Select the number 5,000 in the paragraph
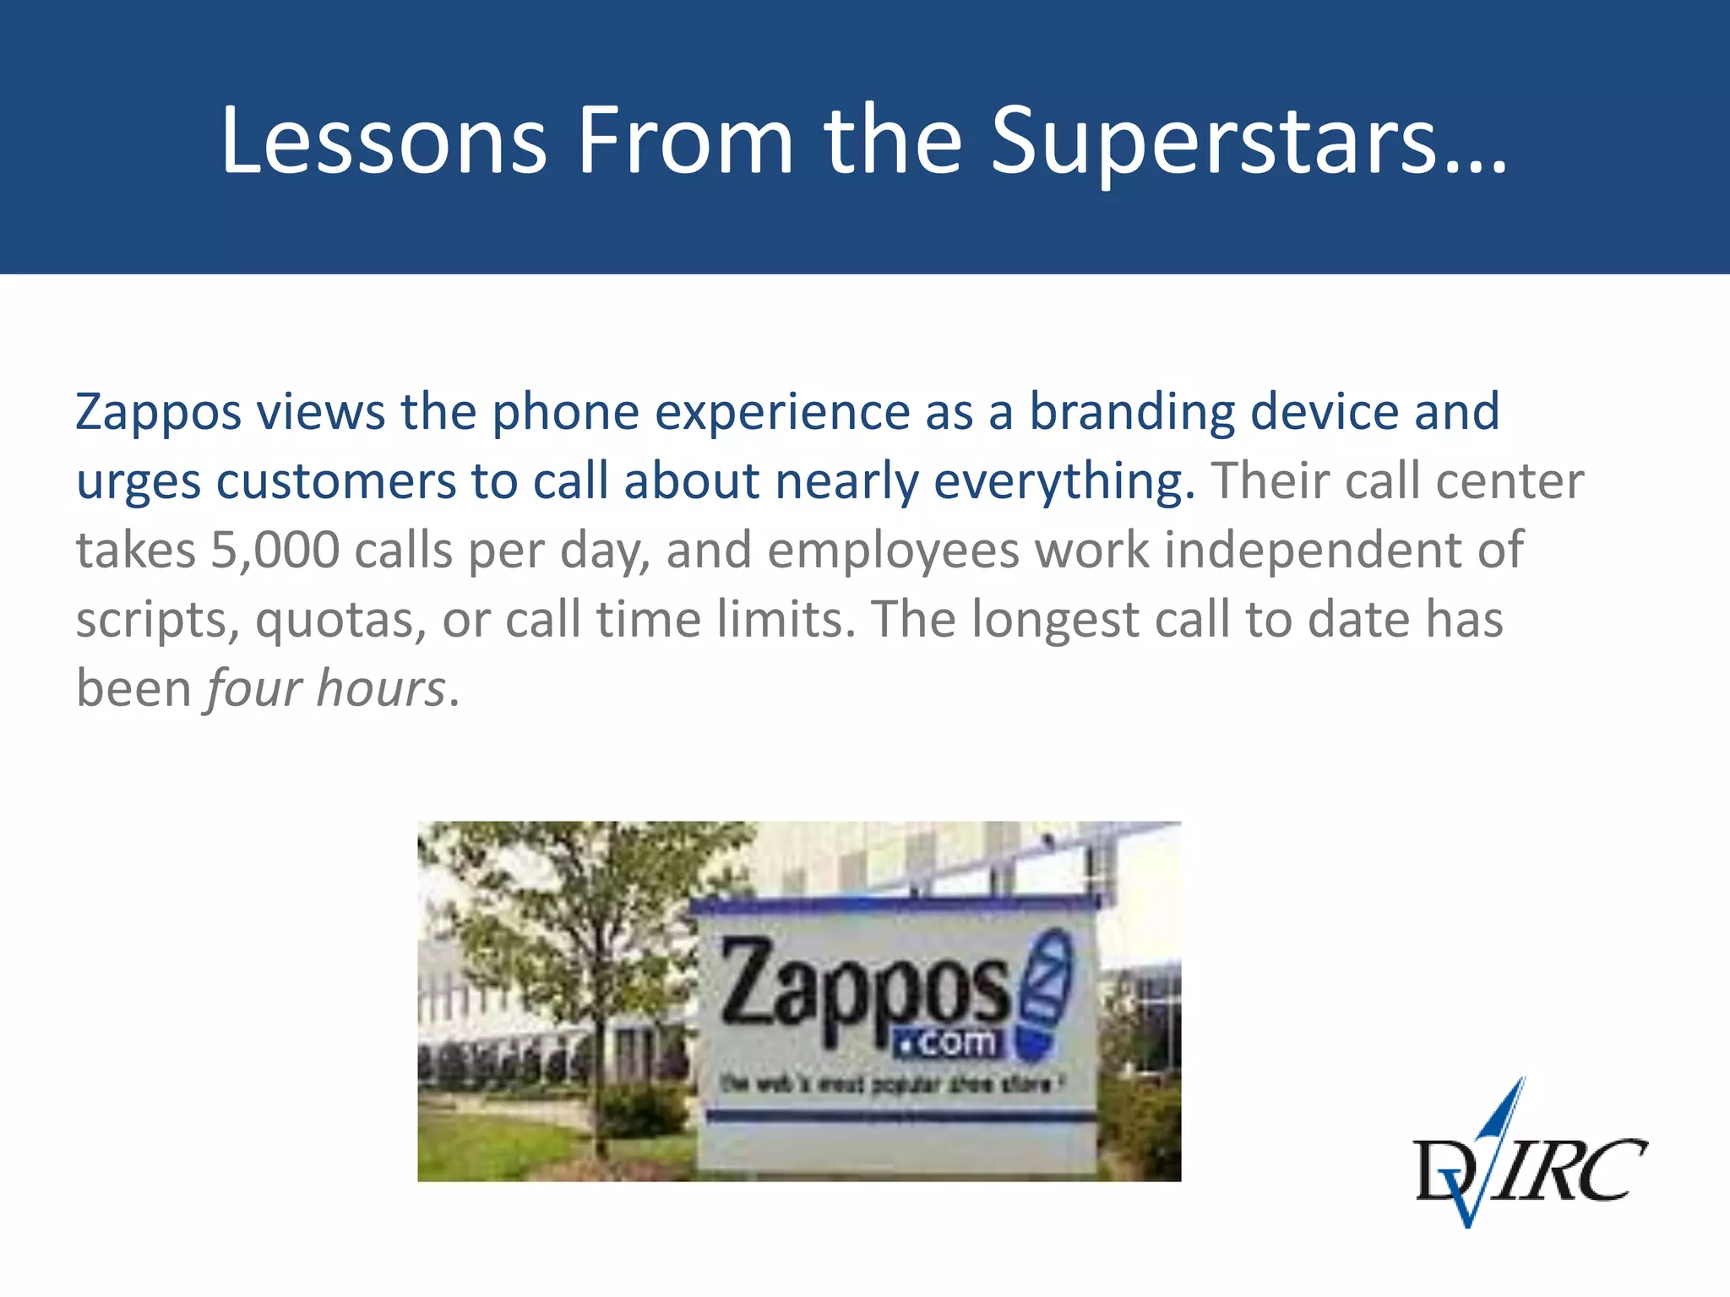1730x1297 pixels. click(x=275, y=551)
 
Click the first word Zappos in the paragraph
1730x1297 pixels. click(x=159, y=412)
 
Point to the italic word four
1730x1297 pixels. click(x=253, y=689)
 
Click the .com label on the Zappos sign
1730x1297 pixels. click(x=949, y=1044)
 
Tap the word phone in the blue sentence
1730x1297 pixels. click(x=566, y=412)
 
